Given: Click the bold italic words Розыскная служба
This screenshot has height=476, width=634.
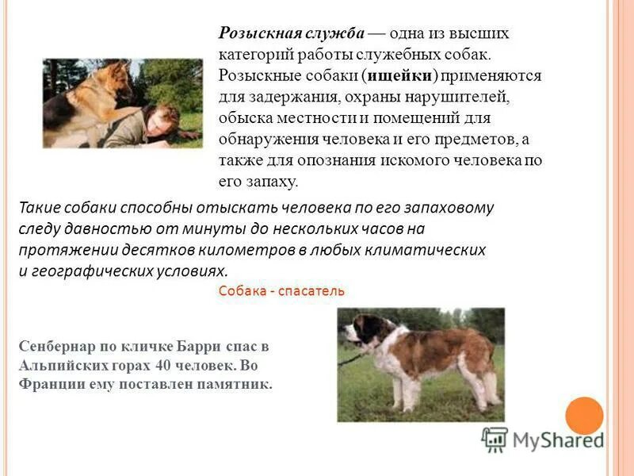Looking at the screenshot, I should pos(291,34).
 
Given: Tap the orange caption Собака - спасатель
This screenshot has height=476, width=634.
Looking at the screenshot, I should pos(281,290).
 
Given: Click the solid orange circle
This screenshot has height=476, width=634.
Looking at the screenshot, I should pos(585,415).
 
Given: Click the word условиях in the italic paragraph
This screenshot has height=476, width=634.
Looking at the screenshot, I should pos(190,270).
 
